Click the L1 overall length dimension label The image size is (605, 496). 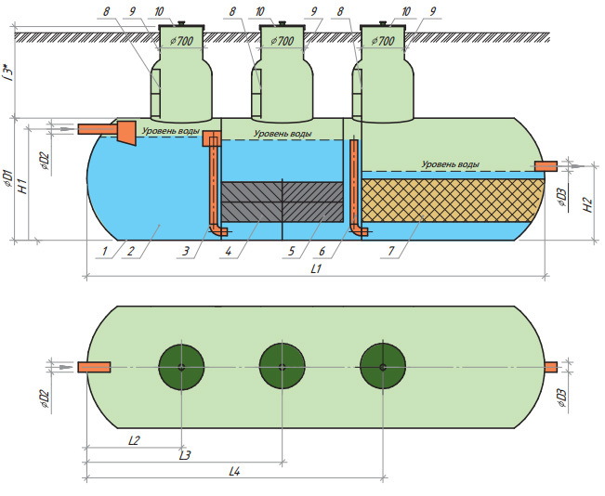pos(316,268)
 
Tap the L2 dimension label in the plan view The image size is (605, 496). pos(134,440)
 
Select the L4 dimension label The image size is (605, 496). pos(234,471)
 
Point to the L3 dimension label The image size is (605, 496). pos(185,455)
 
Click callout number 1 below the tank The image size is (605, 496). pos(104,252)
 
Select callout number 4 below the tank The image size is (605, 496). pos(229,252)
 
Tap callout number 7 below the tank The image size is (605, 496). pos(391,252)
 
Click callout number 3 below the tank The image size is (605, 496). pos(186,252)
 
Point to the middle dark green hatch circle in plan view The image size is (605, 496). pos(282,367)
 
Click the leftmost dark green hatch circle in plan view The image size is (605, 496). pos(181,367)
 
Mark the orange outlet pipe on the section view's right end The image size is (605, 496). pos(546,166)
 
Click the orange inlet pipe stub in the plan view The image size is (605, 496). pos(94,367)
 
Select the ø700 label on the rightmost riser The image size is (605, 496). pos(383,41)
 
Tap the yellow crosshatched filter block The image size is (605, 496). pos(453,201)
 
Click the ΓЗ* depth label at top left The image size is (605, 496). pos(9,72)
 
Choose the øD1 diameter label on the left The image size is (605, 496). pos(8,178)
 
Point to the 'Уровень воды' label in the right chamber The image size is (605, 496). pos(451,164)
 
